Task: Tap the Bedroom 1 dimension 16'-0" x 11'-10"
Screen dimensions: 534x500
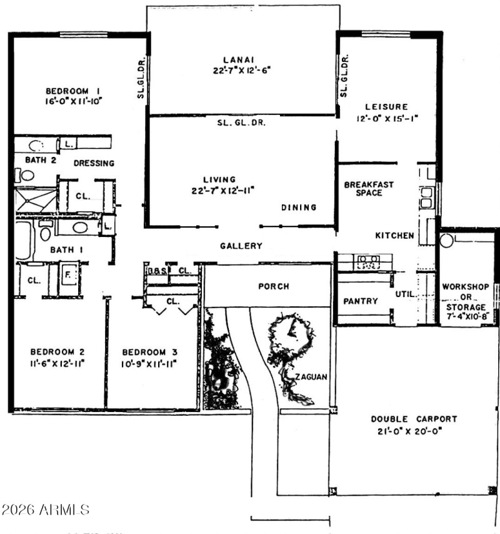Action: (73, 100)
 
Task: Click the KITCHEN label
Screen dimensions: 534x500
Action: (394, 236)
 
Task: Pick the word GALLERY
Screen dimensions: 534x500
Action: (241, 246)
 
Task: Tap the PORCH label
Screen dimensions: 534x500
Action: (274, 286)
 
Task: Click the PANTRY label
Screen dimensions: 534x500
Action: (361, 301)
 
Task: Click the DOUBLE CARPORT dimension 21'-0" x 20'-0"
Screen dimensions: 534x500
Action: (414, 431)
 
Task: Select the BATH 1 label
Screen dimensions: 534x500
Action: (66, 250)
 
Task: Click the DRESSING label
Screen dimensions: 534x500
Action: (94, 163)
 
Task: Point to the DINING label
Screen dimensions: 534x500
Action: (299, 208)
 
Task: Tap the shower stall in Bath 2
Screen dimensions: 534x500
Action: (35, 201)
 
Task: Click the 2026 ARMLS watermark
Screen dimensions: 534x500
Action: (45, 510)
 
